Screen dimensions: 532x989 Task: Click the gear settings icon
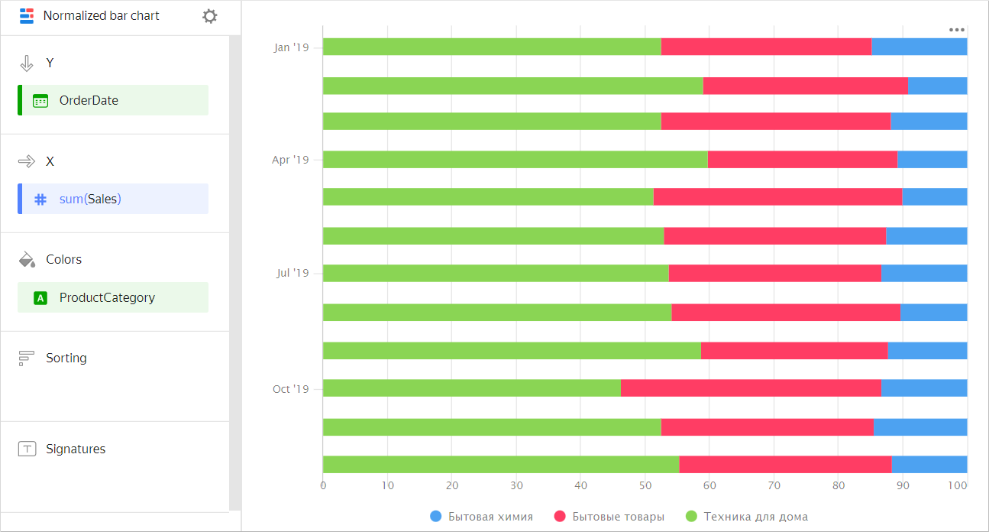coord(210,16)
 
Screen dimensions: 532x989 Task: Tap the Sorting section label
coord(66,358)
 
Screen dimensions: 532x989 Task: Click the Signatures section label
coord(75,449)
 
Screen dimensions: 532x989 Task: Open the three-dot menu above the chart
coord(956,30)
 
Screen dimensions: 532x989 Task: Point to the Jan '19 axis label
coord(291,47)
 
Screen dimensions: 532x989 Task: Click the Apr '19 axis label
coord(290,160)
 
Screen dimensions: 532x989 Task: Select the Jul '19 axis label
coord(292,273)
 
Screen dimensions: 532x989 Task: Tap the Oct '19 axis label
coord(290,389)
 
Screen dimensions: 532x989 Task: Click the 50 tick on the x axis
coord(645,485)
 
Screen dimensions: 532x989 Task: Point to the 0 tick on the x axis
coord(323,485)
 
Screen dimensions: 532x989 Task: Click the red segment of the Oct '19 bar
coord(751,388)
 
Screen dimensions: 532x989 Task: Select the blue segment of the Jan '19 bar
coord(919,47)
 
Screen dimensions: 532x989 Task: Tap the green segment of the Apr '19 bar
coord(515,159)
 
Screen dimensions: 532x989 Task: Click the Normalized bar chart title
coord(101,16)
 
